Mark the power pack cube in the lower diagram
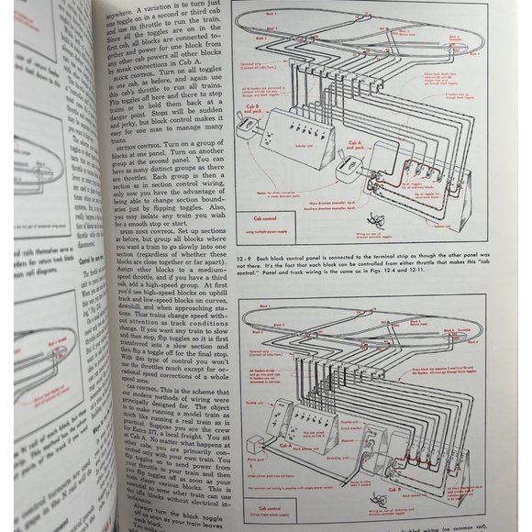pos(272,458)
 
